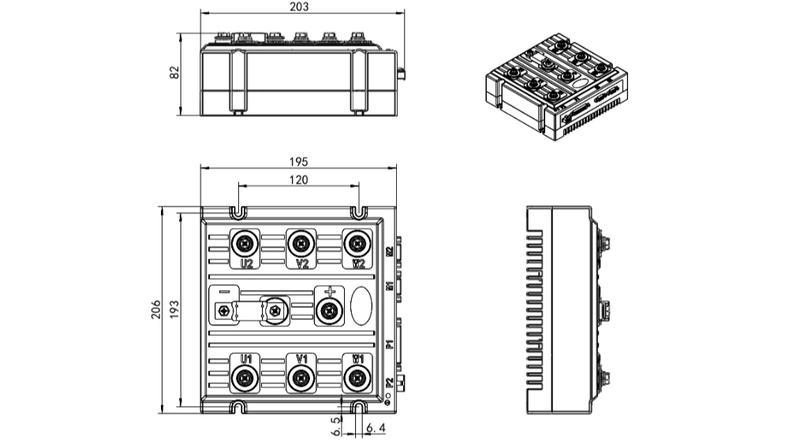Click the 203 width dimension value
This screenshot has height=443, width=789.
pos(299,6)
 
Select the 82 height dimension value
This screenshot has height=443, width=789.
pos(174,73)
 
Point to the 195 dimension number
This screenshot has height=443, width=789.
pos(297,161)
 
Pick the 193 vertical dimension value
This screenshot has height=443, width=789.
pos(174,310)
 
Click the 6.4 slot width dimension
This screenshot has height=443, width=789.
pos(376,428)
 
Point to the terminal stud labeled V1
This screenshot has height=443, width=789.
pos(299,379)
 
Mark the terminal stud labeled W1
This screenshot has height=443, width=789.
pos(357,379)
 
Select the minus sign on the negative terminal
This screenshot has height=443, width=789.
pos(224,291)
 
